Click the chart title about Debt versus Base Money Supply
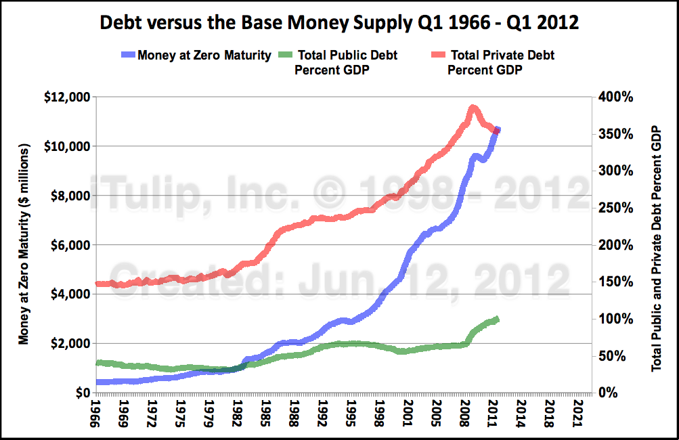(339, 22)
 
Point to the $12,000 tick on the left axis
(66, 97)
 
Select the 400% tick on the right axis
(615, 97)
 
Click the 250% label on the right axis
(615, 208)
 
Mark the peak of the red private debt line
(473, 108)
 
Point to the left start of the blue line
(99, 382)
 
